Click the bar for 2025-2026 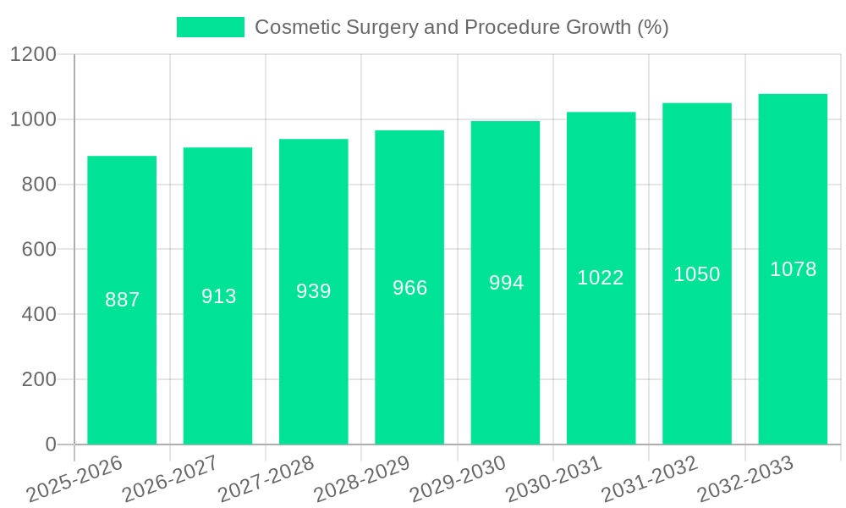tap(122, 300)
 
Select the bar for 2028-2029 tap(409, 287)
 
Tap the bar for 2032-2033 tap(793, 269)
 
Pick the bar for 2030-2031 tap(601, 278)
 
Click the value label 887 tap(122, 300)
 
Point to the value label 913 tap(218, 296)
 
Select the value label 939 tap(314, 291)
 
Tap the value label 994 tap(506, 283)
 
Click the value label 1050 tap(697, 274)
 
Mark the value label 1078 tap(793, 269)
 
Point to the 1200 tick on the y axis tap(33, 55)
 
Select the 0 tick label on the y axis tap(50, 444)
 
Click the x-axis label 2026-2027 tap(170, 478)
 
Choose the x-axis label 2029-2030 tap(458, 478)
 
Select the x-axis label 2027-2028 tap(266, 478)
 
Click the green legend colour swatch tap(210, 27)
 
